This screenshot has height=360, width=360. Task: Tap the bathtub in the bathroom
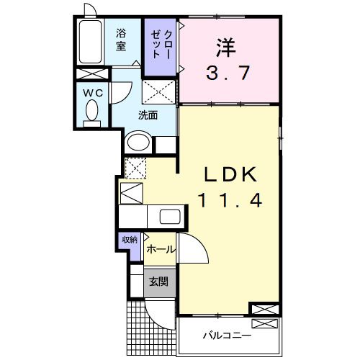coord(91,42)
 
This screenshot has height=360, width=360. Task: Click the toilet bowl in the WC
coord(92,111)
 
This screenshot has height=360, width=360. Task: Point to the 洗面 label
coord(148,114)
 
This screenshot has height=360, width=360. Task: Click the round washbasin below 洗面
coord(138,142)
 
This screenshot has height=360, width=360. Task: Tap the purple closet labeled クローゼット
coord(160,46)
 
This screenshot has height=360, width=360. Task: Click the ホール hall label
coord(160,249)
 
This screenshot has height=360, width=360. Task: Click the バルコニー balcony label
coord(226,336)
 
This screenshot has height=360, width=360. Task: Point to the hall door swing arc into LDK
coord(196,252)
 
